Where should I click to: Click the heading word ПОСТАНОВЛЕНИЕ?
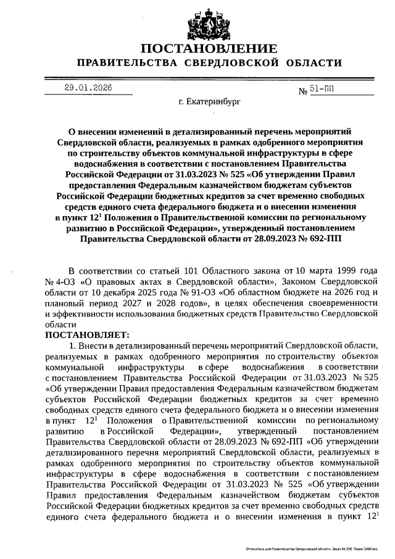[207, 49]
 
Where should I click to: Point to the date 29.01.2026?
[88, 88]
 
